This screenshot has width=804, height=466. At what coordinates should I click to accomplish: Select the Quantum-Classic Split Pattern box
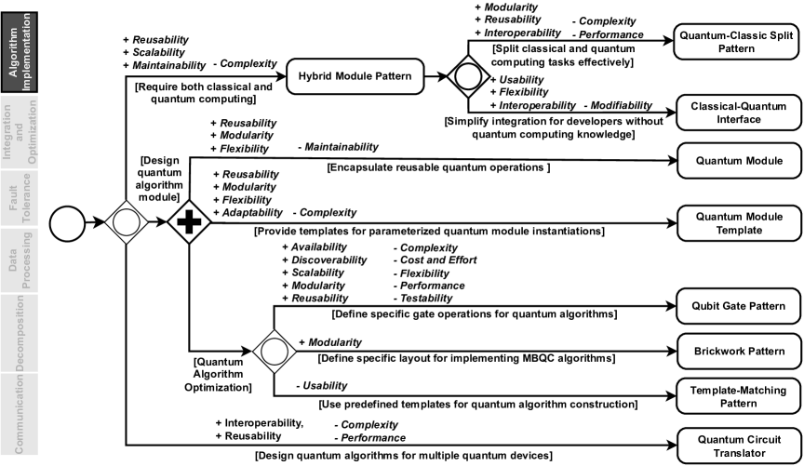coord(738,43)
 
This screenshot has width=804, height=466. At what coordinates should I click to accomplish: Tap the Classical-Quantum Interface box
coord(738,111)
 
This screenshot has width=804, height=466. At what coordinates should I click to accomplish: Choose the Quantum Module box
coord(738,161)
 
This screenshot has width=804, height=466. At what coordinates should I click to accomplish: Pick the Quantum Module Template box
coord(738,223)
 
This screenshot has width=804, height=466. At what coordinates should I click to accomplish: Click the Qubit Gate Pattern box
coord(738,305)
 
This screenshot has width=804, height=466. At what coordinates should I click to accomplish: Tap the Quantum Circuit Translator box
coord(738,446)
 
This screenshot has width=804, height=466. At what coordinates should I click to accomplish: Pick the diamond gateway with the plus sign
coord(189,223)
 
